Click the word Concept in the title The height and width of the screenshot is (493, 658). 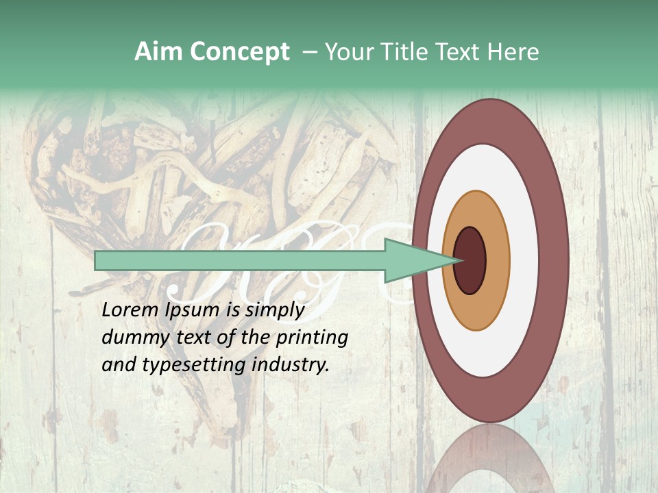pyautogui.click(x=239, y=52)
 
